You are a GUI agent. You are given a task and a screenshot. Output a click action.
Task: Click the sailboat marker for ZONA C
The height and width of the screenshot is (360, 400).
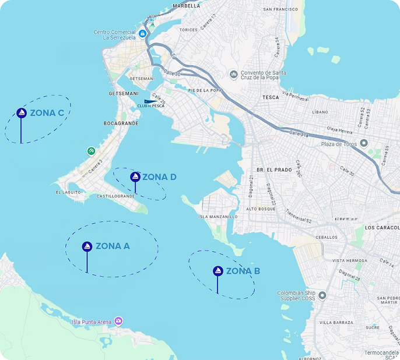coord(21,113)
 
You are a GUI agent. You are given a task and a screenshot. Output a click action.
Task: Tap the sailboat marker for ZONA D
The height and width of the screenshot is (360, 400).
coord(135,177)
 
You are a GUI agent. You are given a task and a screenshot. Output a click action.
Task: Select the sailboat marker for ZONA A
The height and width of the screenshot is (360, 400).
coord(87,246)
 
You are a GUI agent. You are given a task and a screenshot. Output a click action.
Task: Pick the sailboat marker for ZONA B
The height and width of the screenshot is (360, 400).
coord(217,271)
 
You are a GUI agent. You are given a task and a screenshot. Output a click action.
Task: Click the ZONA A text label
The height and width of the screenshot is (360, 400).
coord(113,246)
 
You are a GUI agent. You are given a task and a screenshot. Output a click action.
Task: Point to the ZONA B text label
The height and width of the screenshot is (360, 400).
coord(243,271)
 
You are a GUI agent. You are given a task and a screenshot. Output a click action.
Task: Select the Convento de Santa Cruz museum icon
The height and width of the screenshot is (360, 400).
coord(234,74)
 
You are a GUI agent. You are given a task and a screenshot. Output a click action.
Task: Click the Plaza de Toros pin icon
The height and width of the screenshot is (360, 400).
coord(364,143)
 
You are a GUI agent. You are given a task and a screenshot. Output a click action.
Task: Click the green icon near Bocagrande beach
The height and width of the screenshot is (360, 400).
coord(91,151)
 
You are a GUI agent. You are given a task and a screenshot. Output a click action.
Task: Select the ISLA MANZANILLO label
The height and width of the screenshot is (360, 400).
coord(218,216)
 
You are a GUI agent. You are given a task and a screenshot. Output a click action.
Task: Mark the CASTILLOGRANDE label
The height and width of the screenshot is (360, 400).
coord(116,196)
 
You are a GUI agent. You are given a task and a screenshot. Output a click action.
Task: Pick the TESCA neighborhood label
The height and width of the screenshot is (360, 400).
coord(271,97)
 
